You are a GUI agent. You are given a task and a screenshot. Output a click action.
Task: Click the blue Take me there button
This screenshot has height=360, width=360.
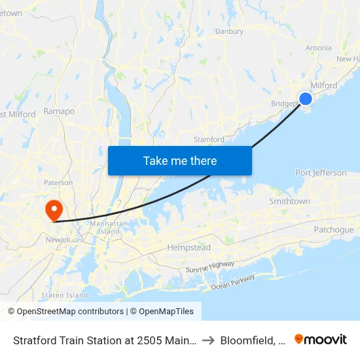180,160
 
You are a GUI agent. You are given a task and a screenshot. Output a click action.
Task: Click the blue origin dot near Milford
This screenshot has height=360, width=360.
306,99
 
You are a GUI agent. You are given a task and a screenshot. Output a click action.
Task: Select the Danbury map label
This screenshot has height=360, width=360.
229,31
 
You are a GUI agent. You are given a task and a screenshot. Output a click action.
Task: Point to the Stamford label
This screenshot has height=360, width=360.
209,139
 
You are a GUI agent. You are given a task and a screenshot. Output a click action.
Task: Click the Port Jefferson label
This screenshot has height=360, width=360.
321,173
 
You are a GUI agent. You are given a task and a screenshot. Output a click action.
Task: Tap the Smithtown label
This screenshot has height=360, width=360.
289,202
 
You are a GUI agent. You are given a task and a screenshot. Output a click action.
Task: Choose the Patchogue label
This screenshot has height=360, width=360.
333,230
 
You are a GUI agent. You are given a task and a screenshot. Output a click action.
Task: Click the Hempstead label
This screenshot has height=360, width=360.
189,248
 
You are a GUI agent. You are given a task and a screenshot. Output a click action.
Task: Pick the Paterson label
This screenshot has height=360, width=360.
58,183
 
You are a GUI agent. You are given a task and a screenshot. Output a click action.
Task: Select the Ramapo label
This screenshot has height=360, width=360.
59,111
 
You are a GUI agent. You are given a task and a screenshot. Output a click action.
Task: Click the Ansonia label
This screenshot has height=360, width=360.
318,48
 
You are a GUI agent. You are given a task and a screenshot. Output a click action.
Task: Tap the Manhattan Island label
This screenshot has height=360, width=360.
109,227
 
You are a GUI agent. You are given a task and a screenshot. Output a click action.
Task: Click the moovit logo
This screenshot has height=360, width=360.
321,340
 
